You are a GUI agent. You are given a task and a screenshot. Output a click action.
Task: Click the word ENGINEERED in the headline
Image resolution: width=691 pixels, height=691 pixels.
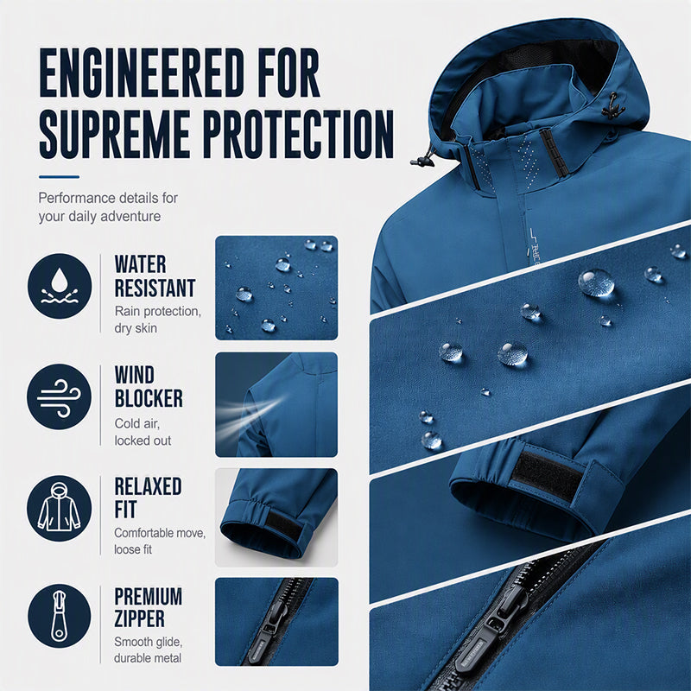tap(142, 73)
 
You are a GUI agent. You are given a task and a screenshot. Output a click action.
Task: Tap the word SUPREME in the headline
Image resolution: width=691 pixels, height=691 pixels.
tap(115, 135)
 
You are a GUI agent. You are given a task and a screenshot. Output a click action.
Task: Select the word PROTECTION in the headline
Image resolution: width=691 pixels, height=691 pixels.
tap(298, 135)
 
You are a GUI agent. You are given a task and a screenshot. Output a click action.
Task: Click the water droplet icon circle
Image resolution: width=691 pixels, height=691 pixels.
tap(60, 286)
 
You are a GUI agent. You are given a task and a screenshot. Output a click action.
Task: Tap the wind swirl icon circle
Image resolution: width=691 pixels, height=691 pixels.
tap(60, 396)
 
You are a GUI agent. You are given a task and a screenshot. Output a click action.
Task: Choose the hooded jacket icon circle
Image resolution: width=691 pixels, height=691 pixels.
tap(60, 508)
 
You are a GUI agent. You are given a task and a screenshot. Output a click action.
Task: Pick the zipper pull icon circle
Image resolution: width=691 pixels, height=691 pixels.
tap(60, 616)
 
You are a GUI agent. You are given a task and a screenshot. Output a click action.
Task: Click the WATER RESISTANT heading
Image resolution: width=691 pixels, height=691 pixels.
tap(155, 276)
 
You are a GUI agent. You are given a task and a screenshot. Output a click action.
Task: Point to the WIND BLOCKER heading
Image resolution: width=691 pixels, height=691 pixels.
tap(149, 387)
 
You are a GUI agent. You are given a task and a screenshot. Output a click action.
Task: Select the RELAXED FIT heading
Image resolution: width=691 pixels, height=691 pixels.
tap(148, 498)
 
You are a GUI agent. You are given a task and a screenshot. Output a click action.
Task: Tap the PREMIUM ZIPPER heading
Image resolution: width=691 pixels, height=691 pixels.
tap(148, 607)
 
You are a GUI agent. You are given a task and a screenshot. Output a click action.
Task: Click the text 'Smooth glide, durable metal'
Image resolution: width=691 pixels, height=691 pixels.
tap(148, 650)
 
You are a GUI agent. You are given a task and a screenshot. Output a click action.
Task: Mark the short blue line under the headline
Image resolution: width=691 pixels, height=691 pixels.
tap(59, 177)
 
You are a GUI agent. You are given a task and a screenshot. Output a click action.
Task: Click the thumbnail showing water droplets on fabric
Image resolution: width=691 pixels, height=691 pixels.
tap(276, 288)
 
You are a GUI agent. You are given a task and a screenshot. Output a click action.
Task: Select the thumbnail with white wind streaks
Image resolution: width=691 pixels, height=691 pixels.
tap(276, 404)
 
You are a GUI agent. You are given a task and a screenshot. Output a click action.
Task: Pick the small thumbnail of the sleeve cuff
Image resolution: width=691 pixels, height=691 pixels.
tap(276, 517)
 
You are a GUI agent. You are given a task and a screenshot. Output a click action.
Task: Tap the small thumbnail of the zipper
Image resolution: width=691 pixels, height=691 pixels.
tap(276, 622)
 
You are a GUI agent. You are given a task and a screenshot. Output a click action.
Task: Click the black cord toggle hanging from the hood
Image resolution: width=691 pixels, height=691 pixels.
tap(423, 161)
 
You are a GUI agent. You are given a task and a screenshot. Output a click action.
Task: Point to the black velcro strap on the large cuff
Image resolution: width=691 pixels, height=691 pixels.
tap(547, 474)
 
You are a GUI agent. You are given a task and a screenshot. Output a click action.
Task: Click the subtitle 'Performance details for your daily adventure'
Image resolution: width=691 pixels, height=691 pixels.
tap(108, 207)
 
